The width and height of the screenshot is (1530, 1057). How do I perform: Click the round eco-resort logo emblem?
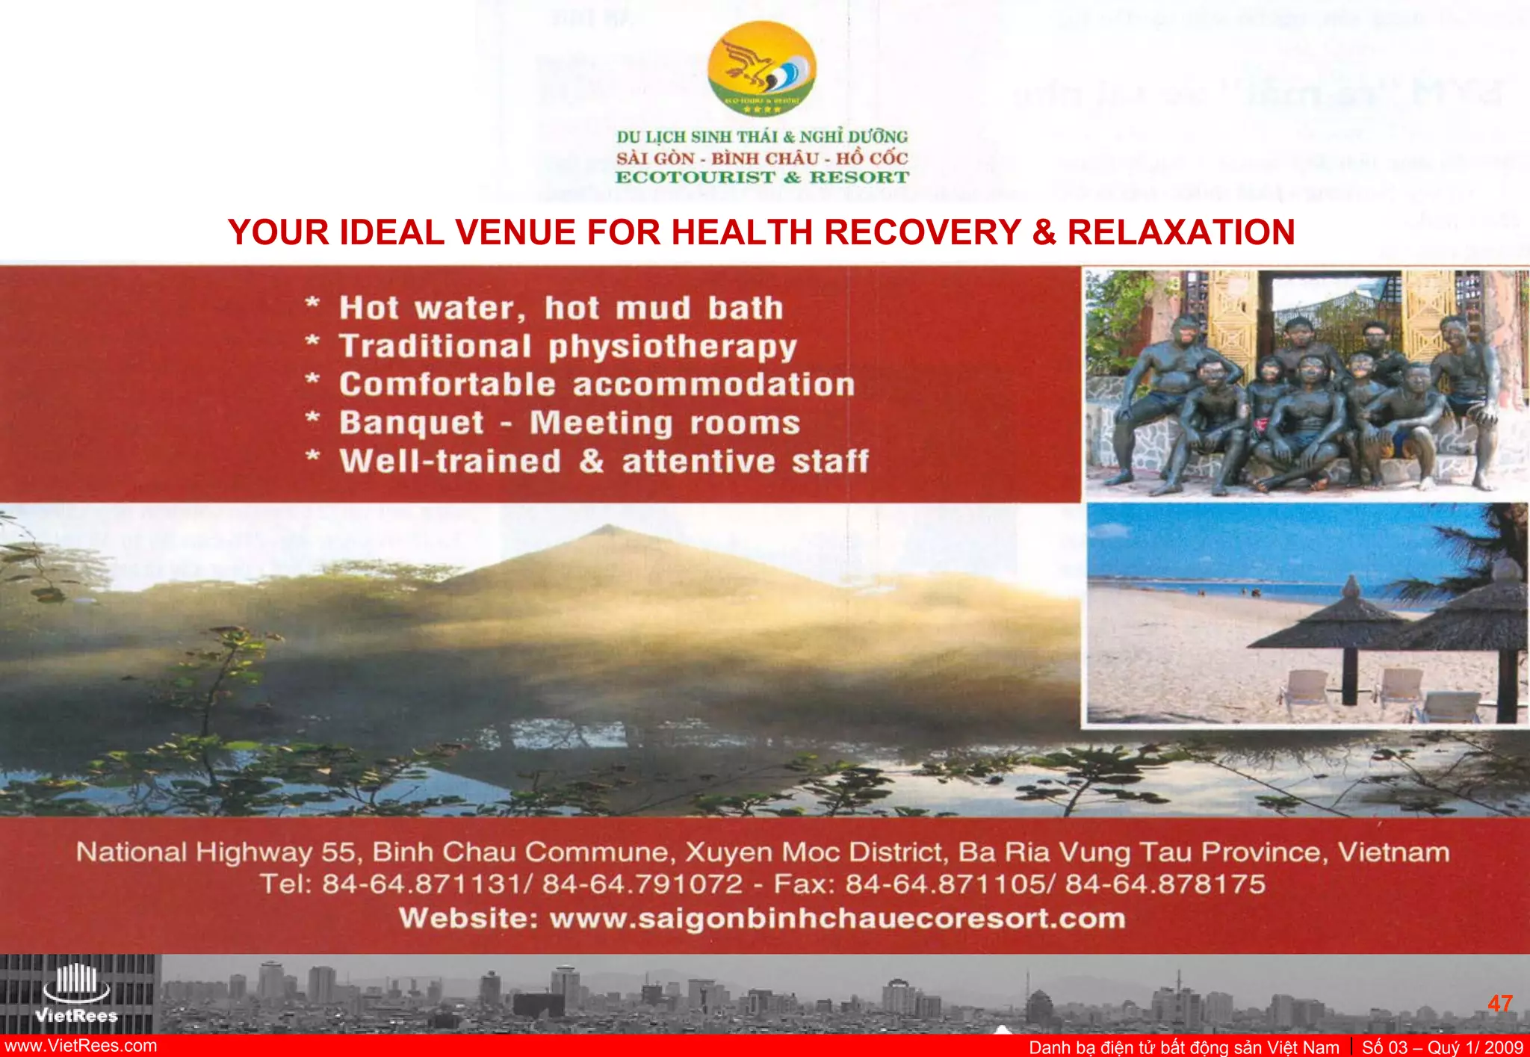click(x=761, y=68)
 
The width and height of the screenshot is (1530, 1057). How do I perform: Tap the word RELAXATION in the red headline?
click(x=1181, y=232)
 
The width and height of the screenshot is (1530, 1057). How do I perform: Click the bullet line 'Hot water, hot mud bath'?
click(x=560, y=309)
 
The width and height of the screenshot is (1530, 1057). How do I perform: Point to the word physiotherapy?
click(x=672, y=347)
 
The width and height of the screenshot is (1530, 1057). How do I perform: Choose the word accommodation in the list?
click(x=713, y=385)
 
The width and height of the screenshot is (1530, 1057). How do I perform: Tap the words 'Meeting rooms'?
click(x=665, y=424)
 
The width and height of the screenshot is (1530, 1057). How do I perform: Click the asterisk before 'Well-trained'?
click(x=313, y=457)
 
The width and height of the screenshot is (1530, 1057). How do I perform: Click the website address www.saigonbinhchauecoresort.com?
click(x=837, y=918)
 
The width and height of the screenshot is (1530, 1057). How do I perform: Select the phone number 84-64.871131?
click(x=422, y=884)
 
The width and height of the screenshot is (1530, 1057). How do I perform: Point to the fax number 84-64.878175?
click(x=1165, y=884)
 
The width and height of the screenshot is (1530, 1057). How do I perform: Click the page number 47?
click(x=1499, y=1003)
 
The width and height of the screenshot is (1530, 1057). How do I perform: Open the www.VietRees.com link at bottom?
click(x=81, y=1046)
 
